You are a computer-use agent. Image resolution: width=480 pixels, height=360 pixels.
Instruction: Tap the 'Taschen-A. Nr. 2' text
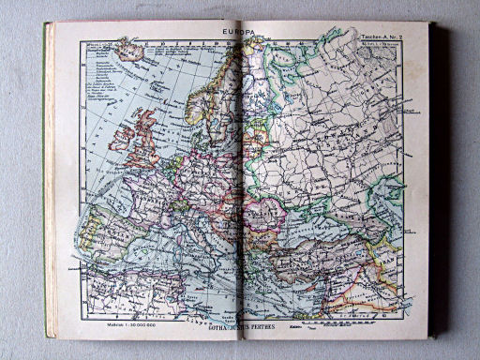coord(381,37)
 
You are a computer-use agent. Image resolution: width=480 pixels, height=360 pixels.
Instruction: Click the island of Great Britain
coord(148,136)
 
